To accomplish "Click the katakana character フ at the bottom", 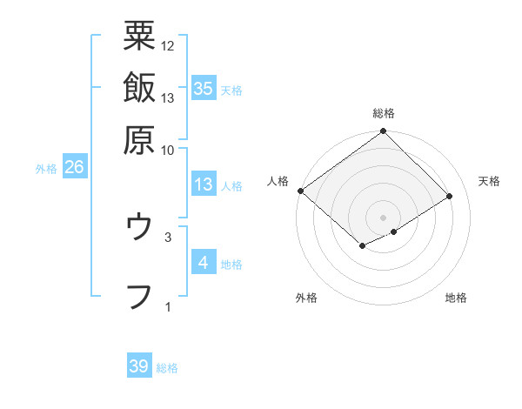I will (139, 296).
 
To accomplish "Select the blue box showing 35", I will (204, 89).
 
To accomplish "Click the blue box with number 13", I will (204, 184).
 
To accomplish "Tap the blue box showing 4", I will (204, 263).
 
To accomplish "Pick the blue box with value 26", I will (74, 168).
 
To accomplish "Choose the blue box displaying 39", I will (139, 366).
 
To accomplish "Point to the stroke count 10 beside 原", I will (168, 149).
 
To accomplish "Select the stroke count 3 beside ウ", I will (168, 236).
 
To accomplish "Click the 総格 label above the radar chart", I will (384, 113).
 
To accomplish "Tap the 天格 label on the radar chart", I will (490, 181).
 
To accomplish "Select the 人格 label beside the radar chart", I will (278, 181).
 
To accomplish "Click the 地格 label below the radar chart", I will (456, 298).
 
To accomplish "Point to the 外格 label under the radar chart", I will (306, 298).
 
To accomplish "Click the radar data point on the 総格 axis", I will (384, 132).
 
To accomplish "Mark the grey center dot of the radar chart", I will (384, 217).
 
